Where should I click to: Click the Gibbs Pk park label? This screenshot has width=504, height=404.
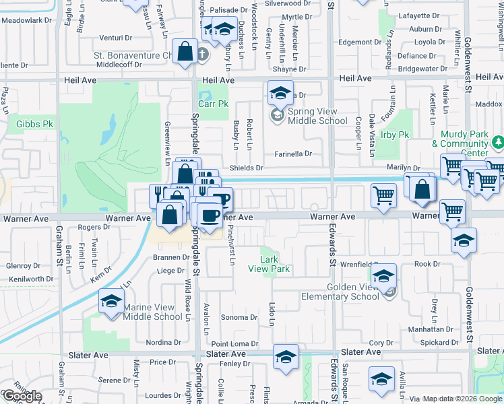click(34, 125)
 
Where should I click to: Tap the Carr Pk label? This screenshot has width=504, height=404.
click(214, 104)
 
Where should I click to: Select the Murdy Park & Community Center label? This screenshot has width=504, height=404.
click(460, 139)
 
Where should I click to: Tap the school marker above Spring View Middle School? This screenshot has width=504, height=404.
click(281, 93)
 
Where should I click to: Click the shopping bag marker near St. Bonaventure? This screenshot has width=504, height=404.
click(185, 51)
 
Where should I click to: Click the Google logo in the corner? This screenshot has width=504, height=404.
click(22, 397)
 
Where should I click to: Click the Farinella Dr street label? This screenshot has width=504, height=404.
click(292, 154)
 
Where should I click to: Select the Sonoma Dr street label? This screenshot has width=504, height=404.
click(240, 317)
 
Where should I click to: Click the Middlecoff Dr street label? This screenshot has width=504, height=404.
click(119, 65)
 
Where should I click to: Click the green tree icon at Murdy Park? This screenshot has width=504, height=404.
click(497, 143)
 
